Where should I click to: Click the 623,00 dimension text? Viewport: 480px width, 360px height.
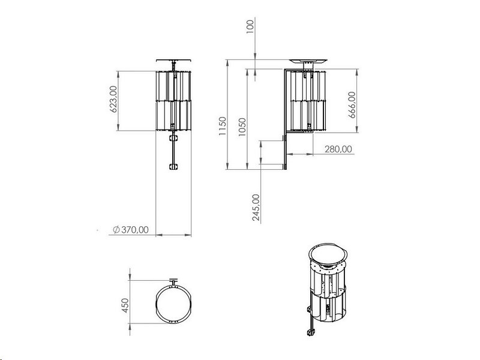113,99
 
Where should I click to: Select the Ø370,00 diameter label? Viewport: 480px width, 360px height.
131,230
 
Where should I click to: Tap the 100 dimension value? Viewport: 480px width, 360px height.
250,26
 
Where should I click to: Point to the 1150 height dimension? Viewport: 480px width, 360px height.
222,126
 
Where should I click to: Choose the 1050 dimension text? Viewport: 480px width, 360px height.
242,127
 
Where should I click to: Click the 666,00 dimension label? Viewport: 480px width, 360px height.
352,105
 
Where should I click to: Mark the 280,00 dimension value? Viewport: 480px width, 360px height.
338,149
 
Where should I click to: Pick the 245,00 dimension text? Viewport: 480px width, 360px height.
256,207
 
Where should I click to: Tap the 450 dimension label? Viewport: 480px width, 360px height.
125,305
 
